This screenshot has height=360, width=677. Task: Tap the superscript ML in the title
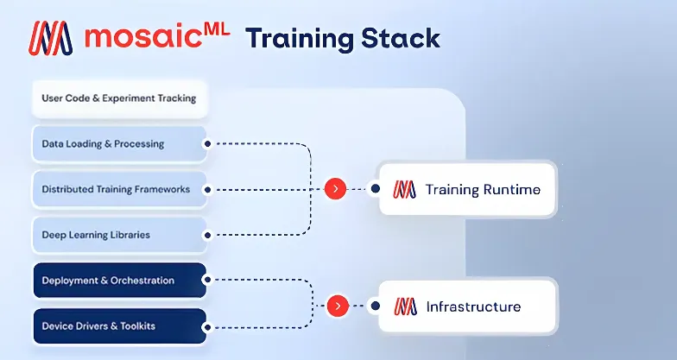point(214,29)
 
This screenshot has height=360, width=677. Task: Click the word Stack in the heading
point(401,39)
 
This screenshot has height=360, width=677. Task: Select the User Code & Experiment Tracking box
point(119,98)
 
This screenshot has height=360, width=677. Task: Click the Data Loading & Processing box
point(119,143)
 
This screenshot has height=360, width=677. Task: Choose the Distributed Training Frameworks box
point(119,189)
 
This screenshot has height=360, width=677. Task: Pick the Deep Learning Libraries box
point(119,235)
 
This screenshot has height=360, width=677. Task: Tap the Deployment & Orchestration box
point(119,281)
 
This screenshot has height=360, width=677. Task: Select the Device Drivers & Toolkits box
point(119,326)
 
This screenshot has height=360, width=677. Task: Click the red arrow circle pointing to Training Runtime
point(335,188)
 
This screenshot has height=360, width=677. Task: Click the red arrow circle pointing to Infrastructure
point(337,306)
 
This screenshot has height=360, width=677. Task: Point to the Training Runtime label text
point(483,188)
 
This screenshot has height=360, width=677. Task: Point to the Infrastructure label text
point(473,306)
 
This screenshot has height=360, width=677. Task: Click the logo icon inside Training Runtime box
point(404,188)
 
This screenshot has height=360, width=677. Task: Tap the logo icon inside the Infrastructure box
point(404,306)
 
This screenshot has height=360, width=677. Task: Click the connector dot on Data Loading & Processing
point(207,143)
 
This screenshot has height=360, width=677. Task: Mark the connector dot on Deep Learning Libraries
point(207,235)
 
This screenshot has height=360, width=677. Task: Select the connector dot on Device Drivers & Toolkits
point(207,326)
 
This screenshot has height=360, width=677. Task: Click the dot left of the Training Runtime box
point(374,188)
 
